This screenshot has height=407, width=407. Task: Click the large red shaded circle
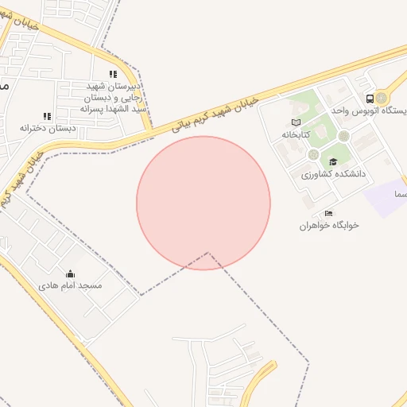(203, 203)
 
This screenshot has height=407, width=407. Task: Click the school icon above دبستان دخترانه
(47, 116)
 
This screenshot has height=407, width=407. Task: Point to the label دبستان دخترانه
(48, 127)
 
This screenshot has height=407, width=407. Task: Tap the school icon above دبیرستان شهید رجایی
(113, 74)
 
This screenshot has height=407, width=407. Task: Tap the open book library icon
(296, 122)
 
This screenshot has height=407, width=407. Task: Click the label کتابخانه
(294, 134)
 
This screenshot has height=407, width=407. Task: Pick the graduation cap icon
(332, 162)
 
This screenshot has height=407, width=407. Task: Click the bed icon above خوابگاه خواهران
(329, 213)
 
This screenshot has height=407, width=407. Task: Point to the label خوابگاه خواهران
(329, 225)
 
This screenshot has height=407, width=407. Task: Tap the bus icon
(370, 99)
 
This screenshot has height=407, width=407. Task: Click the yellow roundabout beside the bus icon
(382, 98)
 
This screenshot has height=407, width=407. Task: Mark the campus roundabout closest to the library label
(314, 153)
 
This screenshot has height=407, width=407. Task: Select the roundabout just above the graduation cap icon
(343, 136)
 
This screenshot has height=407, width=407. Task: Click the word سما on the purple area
(397, 193)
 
